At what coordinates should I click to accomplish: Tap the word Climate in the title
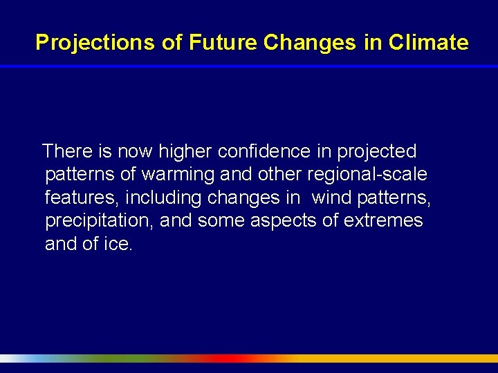[x=428, y=43]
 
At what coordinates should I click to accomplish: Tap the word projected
[x=377, y=151]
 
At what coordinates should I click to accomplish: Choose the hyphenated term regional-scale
[x=367, y=174]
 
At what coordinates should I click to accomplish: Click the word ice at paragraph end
[x=116, y=244]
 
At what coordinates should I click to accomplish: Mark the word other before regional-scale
[x=280, y=174]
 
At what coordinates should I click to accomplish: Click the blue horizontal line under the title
[x=249, y=66]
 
